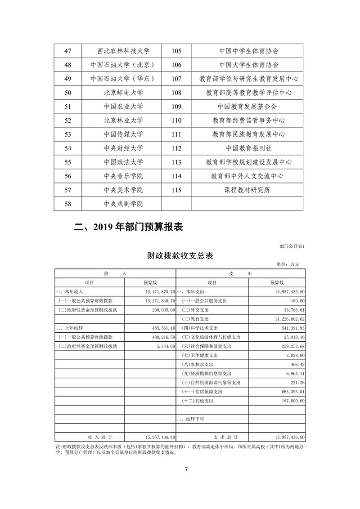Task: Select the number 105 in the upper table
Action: pyautogui.click(x=176, y=51)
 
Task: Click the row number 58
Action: pyautogui.click(x=68, y=204)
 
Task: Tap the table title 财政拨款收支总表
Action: pyautogui.click(x=180, y=255)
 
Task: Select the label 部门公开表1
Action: pyautogui.click(x=292, y=246)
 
